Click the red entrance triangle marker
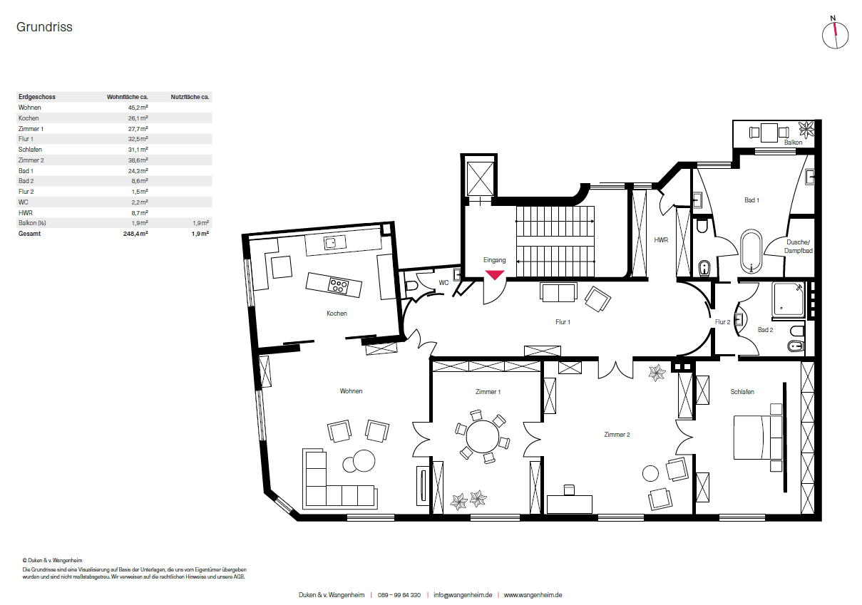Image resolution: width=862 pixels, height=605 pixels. pyautogui.click(x=495, y=275)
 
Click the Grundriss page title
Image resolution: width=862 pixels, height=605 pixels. pyautogui.click(x=44, y=27)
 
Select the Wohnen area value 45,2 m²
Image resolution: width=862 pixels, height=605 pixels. pyautogui.click(x=138, y=108)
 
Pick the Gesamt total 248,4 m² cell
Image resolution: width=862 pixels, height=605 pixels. pyautogui.click(x=135, y=234)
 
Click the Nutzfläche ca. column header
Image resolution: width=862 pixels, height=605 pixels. pyautogui.click(x=190, y=96)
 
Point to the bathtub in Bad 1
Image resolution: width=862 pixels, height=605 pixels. pyautogui.click(x=751, y=251)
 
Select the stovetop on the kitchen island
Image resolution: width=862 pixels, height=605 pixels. pyautogui.click(x=338, y=286)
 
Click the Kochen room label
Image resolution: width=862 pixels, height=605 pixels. pyautogui.click(x=337, y=314)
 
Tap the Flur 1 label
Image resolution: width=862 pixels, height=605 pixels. pyautogui.click(x=563, y=322)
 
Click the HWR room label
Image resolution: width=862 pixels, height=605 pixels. pyautogui.click(x=661, y=240)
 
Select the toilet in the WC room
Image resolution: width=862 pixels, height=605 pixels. pyautogui.click(x=411, y=286)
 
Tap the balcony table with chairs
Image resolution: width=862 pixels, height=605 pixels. pyautogui.click(x=769, y=132)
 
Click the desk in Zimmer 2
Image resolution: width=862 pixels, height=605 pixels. pyautogui.click(x=570, y=503)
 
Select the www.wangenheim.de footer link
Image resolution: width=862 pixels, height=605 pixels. pyautogui.click(x=533, y=595)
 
